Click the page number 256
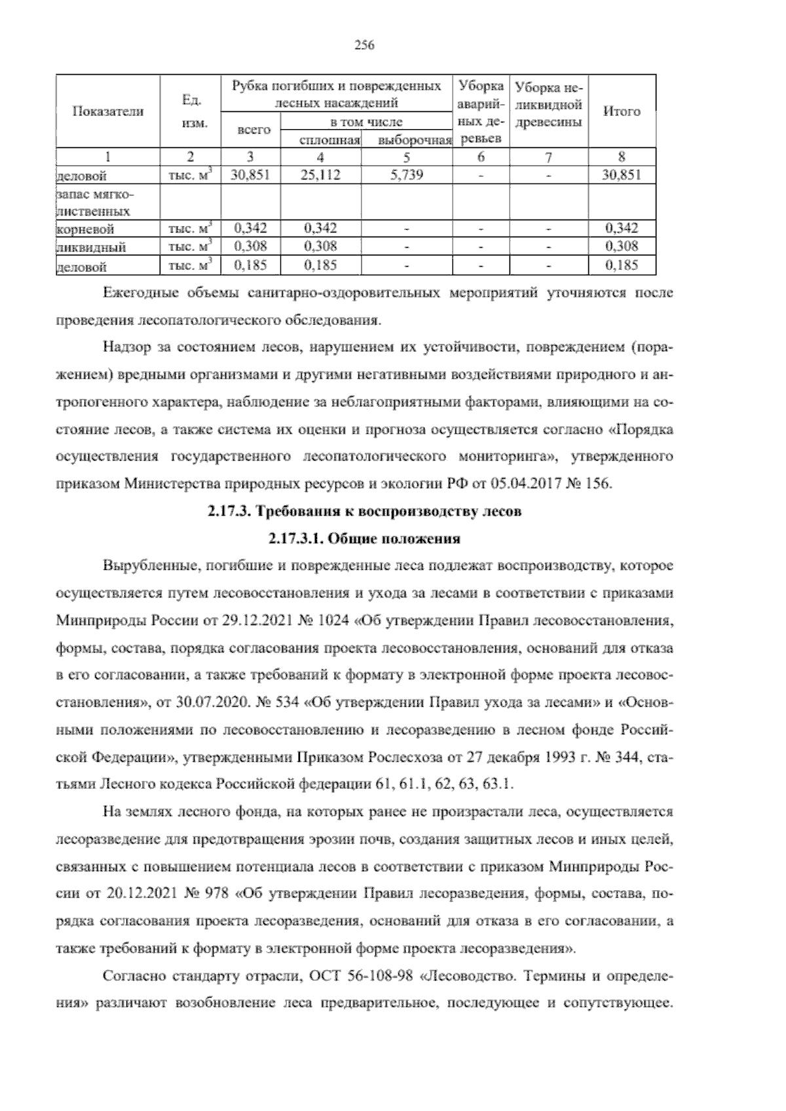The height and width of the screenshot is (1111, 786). click(364, 45)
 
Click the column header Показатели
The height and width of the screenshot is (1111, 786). click(108, 111)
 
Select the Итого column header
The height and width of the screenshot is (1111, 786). click(621, 111)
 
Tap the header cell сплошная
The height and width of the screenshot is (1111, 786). click(321, 140)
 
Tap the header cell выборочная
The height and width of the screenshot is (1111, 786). click(407, 140)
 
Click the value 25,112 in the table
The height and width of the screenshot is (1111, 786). click(321, 174)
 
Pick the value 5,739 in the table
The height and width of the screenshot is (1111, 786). click(407, 174)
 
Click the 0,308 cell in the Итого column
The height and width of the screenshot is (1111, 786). click(621, 246)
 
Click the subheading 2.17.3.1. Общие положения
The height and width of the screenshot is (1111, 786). click(364, 539)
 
